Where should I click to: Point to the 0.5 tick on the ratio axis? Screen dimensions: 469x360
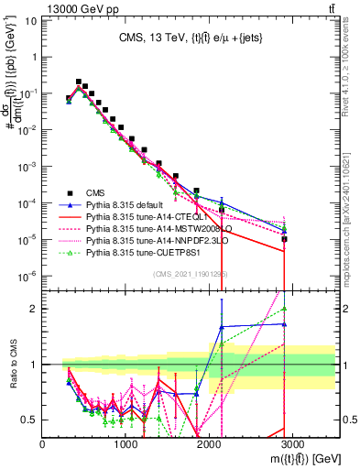click(31, 420)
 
